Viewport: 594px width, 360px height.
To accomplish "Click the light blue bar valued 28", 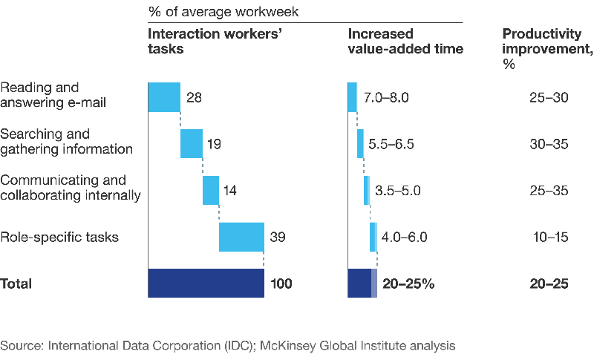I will click(x=164, y=96).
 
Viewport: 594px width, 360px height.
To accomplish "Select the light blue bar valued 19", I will click(x=192, y=143).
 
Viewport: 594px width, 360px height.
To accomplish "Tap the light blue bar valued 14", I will click(x=211, y=190).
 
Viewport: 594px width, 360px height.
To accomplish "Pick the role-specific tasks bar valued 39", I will click(x=242, y=237).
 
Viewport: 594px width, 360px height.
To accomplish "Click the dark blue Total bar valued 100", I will click(x=206, y=283).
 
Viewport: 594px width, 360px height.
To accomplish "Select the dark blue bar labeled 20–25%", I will click(x=362, y=283).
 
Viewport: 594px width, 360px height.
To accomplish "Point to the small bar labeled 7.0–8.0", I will click(x=353, y=97).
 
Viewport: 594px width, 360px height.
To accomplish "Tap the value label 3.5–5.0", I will click(x=399, y=191).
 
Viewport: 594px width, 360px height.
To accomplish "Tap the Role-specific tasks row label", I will click(x=59, y=238).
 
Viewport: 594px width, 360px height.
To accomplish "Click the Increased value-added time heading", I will click(x=405, y=42).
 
